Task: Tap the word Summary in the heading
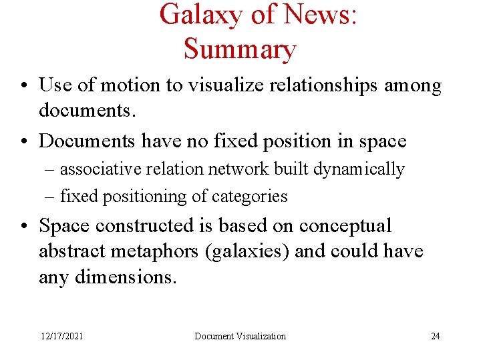click(x=239, y=49)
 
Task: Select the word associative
click(x=98, y=169)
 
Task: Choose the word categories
click(x=249, y=197)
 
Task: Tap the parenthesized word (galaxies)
click(x=248, y=252)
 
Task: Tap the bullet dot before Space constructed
click(x=23, y=226)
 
